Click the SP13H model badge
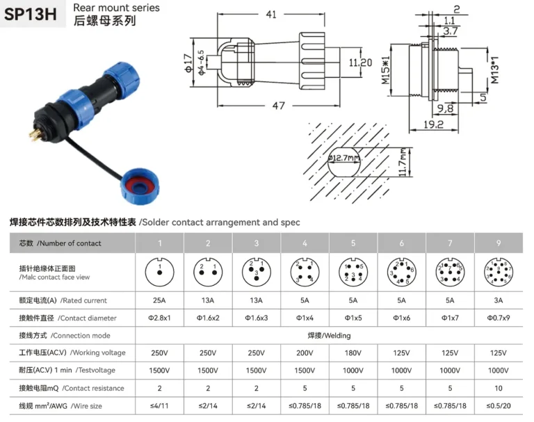click(32, 15)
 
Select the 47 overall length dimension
click(278, 105)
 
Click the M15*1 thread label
click(385, 70)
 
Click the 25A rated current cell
click(159, 300)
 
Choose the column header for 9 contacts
click(498, 243)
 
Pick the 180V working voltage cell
click(353, 353)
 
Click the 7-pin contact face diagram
click(449, 272)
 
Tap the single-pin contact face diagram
click(159, 272)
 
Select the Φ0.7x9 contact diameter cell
click(498, 318)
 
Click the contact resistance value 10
click(498, 388)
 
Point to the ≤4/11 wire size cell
click(159, 405)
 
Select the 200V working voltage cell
click(305, 353)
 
